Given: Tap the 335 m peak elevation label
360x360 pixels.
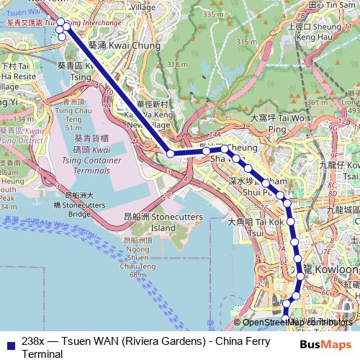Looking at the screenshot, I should click(213, 14).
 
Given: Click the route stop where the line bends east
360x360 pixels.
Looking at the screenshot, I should click(170, 153).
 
